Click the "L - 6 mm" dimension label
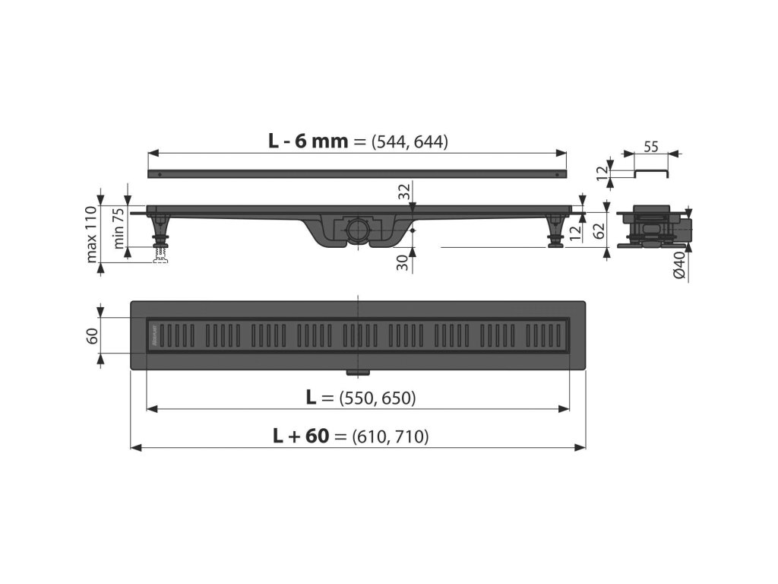click(x=308, y=141)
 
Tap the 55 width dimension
click(x=651, y=147)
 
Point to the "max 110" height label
click(x=91, y=234)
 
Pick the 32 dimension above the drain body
click(x=404, y=192)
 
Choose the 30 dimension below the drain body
click(x=404, y=262)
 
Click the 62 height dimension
click(x=600, y=230)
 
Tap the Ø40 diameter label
click(x=680, y=265)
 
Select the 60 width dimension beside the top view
click(x=92, y=335)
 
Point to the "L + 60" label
click(x=301, y=436)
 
